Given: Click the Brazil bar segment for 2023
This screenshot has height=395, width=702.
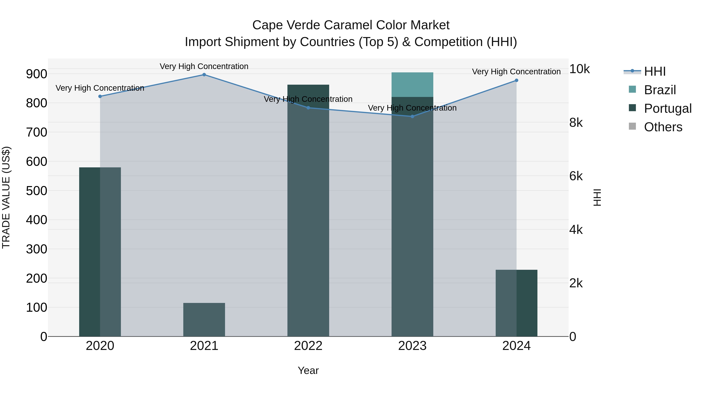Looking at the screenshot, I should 412,84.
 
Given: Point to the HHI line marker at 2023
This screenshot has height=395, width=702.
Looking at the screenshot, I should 412,116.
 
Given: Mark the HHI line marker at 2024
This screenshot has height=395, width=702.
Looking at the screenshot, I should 516,80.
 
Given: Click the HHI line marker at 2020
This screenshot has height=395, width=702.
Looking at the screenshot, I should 100,96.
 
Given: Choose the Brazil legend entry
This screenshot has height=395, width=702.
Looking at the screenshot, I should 659,90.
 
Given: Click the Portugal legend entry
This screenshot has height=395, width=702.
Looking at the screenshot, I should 667,108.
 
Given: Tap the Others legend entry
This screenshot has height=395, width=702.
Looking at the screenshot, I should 663,127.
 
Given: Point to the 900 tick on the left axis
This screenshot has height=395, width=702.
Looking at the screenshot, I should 36,74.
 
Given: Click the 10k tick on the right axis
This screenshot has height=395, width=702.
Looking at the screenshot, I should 579,69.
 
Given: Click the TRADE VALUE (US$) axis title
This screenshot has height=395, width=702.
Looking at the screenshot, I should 6,197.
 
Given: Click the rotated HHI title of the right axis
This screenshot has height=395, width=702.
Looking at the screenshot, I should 597,197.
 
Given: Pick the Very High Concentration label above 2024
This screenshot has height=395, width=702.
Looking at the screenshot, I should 516,72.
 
